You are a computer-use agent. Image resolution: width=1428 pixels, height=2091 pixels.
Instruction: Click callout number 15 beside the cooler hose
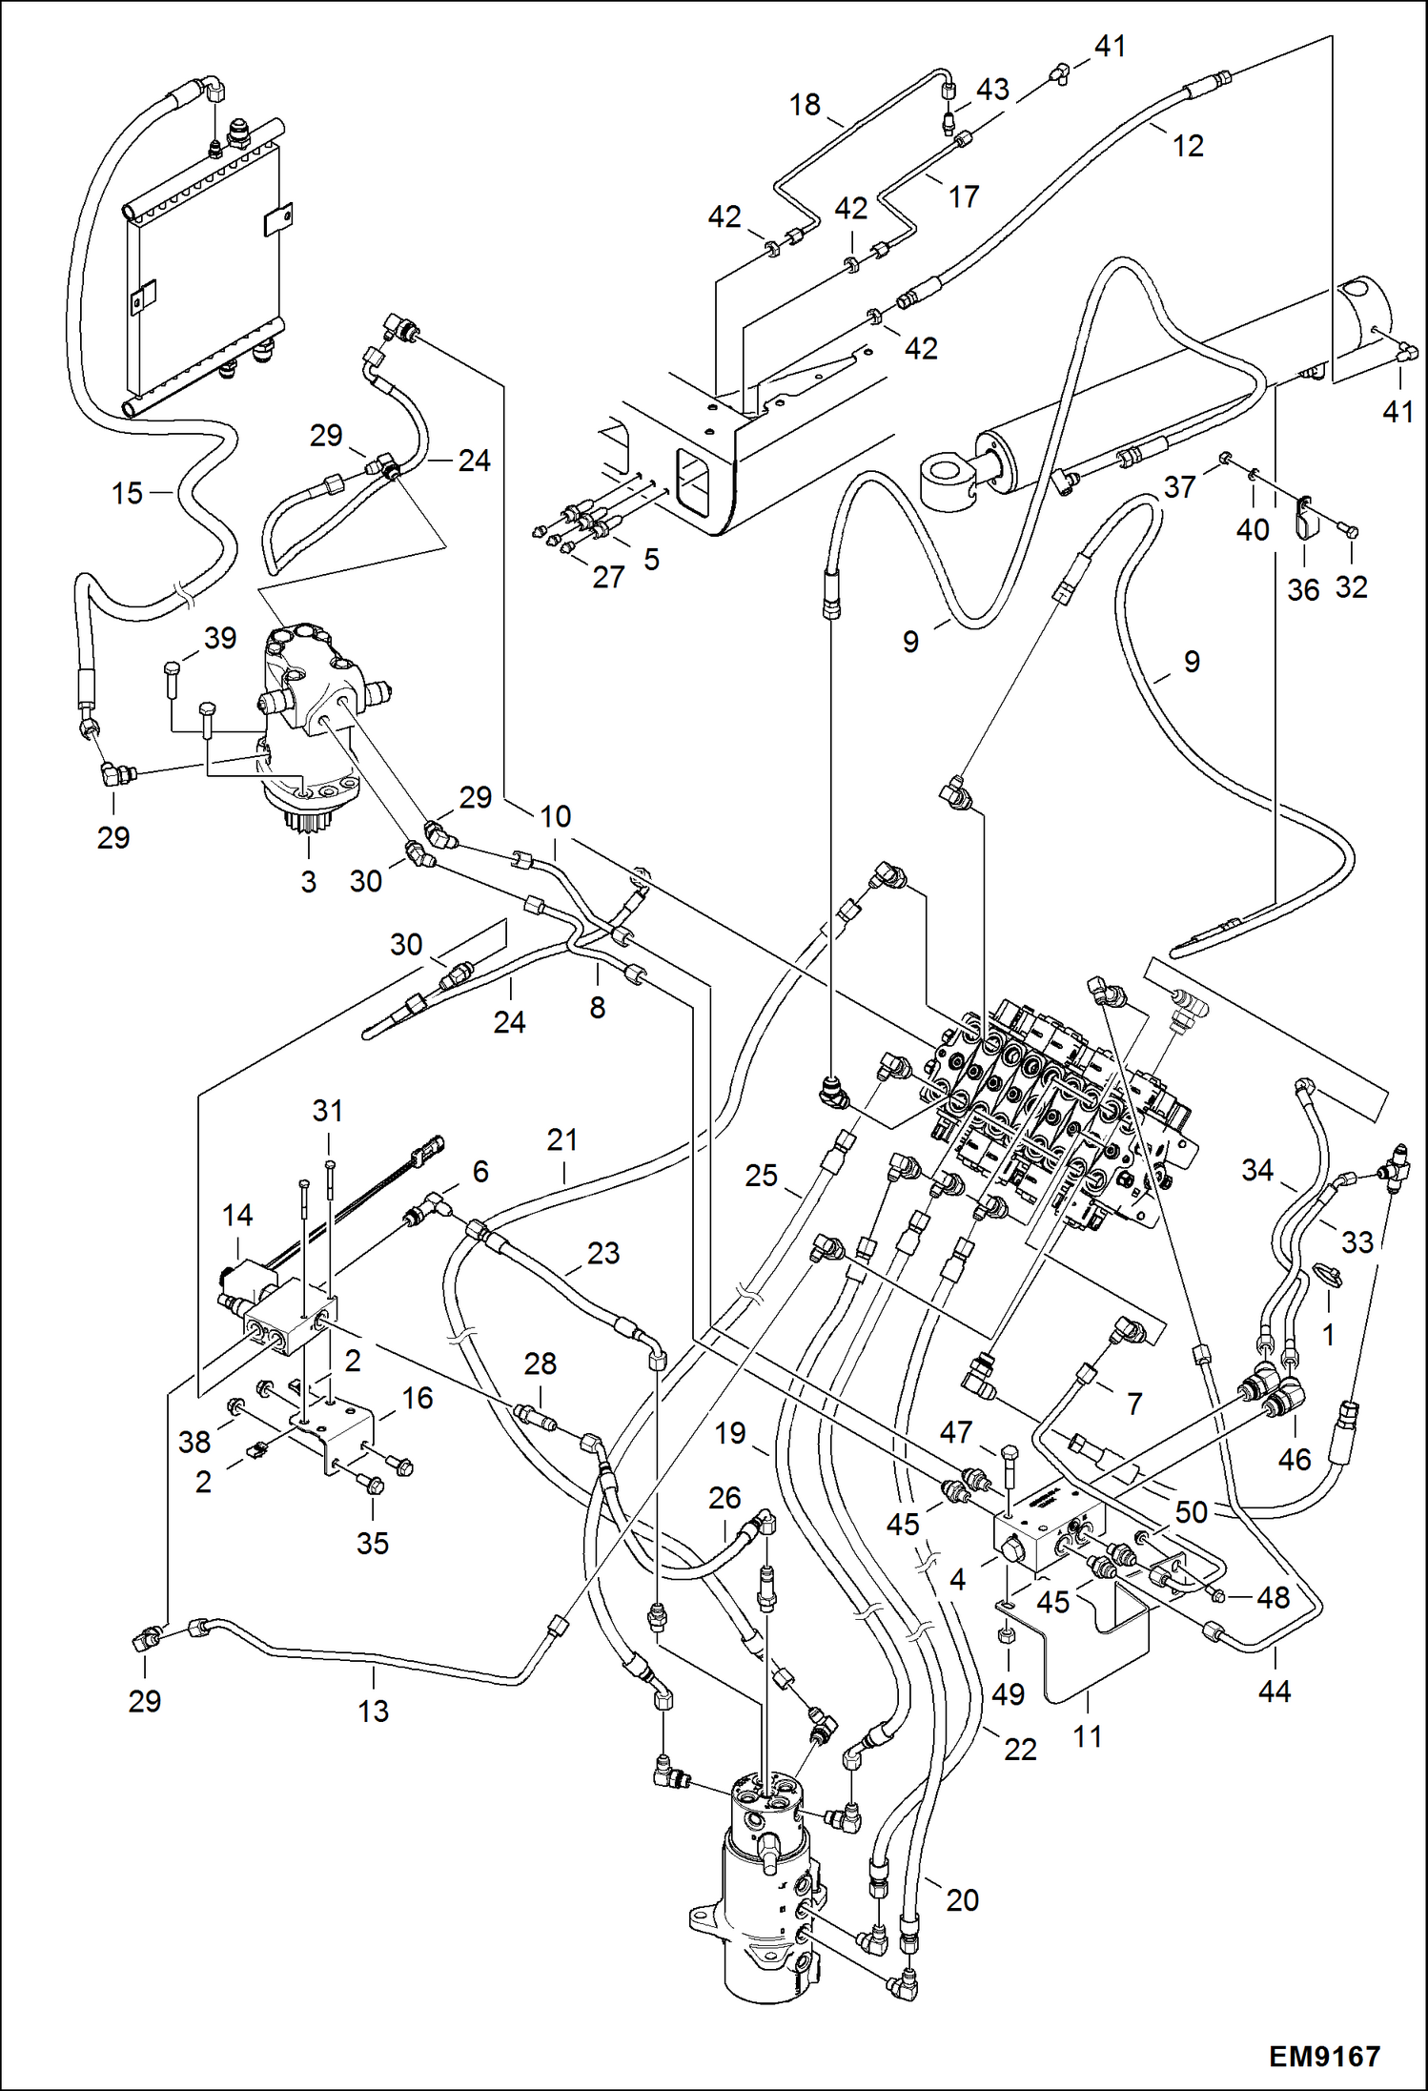126,493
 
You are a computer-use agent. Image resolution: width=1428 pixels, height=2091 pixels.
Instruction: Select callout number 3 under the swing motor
308,881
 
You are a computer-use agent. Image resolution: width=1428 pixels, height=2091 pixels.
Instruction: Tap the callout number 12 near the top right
1188,146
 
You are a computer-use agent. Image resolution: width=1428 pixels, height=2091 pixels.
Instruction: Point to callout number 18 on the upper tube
805,104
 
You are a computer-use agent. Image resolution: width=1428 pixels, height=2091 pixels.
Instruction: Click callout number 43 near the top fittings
991,90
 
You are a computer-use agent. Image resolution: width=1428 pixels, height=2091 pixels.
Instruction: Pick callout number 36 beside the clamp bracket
1303,589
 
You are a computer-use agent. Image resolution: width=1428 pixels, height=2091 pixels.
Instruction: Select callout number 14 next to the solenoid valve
237,1215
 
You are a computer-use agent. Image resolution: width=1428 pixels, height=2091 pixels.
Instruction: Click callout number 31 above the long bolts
327,1111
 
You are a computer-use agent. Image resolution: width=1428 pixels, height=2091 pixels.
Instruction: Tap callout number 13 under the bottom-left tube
373,1711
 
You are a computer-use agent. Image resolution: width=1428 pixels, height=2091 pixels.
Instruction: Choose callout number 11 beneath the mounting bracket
1087,1736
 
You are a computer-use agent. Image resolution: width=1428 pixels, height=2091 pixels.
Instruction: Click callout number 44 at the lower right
1274,1691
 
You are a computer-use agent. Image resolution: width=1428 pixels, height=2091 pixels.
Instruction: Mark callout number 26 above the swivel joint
724,1497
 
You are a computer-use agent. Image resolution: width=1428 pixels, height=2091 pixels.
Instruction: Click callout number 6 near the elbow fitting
480,1172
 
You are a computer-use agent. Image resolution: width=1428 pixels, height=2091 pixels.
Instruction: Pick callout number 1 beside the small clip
1328,1335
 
